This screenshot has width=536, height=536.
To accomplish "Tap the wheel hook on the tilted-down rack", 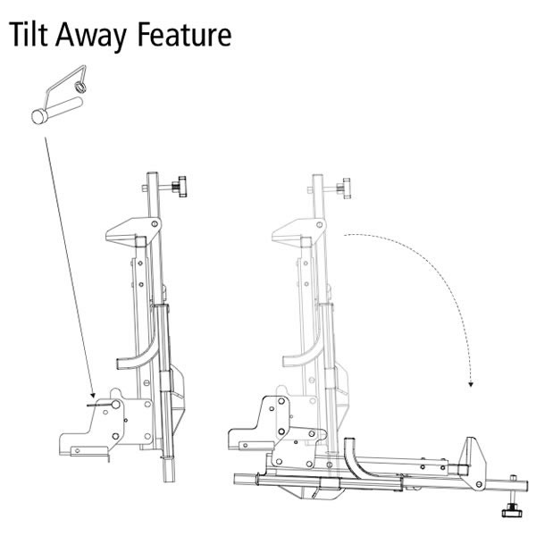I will pos(471,454).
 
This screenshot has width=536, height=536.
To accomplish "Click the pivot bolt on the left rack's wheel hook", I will pos(154,223).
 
